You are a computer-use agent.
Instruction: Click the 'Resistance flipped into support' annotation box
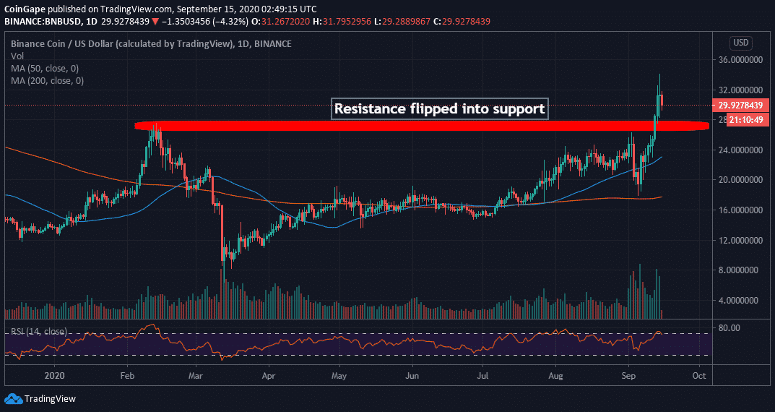click(x=440, y=109)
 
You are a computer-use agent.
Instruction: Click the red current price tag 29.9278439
click(x=742, y=105)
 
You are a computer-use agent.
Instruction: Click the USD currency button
click(x=742, y=42)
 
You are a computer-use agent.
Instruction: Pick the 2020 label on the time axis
click(x=55, y=376)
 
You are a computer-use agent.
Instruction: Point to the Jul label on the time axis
click(x=483, y=376)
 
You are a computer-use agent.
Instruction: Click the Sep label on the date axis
click(x=628, y=376)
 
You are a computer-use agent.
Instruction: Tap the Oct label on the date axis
click(x=698, y=376)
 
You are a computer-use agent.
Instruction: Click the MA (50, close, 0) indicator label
click(x=46, y=68)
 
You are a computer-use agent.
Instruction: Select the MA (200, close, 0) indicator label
click(x=48, y=80)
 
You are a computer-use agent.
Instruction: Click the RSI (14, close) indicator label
click(x=40, y=332)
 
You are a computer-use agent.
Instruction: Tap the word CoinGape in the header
click(x=27, y=9)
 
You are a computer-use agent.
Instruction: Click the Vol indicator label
click(x=17, y=56)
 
